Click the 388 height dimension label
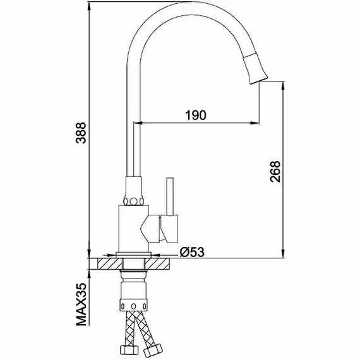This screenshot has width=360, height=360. pyautogui.click(x=81, y=133)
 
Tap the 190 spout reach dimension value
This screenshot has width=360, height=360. pyautogui.click(x=196, y=115)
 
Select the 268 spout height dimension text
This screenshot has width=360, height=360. pyautogui.click(x=275, y=172)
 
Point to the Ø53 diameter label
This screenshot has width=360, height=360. pyautogui.click(x=192, y=252)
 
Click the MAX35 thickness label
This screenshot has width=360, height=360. pyautogui.click(x=81, y=304)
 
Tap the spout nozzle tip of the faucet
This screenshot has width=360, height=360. pyautogui.click(x=259, y=80)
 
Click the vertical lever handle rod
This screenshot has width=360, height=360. pyautogui.click(x=170, y=196)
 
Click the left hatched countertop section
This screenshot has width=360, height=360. pyautogui.click(x=110, y=263)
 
